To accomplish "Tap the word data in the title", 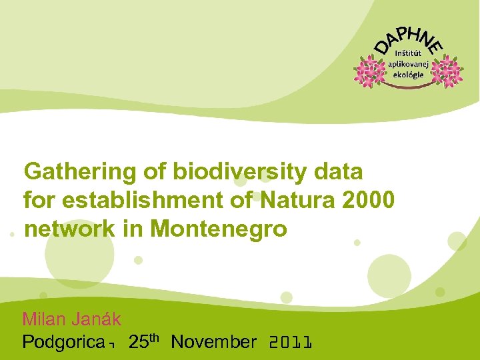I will pyautogui.click(x=339, y=172).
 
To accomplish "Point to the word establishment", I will pyautogui.click(x=134, y=200).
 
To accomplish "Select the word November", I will pyautogui.click(x=213, y=343).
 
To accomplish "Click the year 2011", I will pyautogui.click(x=290, y=343).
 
